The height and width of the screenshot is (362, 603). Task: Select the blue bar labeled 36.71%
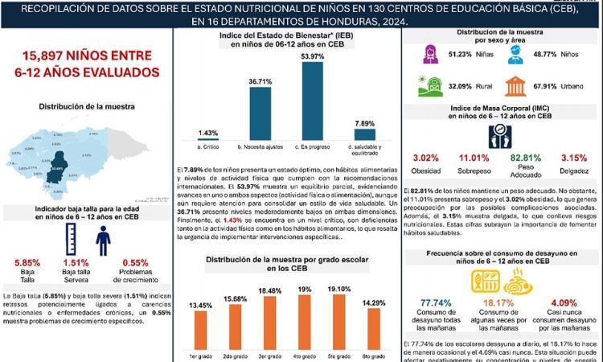click(x=260, y=114)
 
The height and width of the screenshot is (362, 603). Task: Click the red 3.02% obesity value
click(x=425, y=158)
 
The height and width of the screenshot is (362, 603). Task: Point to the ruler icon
click(x=71, y=240)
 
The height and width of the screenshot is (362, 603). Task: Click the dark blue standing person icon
click(x=103, y=240)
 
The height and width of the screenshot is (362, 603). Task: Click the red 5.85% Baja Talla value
click(x=27, y=262)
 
